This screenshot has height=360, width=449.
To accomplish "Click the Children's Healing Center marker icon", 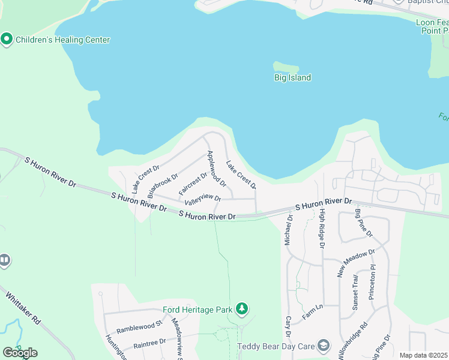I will [x=7, y=40].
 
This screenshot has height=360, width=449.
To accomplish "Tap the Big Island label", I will [x=292, y=77].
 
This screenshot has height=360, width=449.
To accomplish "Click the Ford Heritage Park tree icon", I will [x=242, y=309].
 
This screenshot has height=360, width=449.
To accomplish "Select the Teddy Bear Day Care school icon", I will [x=324, y=345].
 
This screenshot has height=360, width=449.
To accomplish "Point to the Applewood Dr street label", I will [x=216, y=168].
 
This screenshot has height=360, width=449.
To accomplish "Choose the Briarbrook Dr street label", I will [x=163, y=187].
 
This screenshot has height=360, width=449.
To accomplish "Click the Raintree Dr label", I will [x=149, y=343].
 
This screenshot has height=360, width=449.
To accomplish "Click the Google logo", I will [x=20, y=353].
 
